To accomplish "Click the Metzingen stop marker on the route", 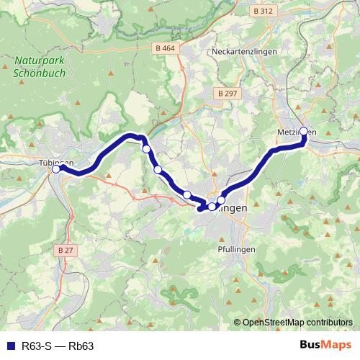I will pos(304,132).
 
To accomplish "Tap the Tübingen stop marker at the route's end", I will pos(56,169).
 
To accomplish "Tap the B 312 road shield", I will pos(264,12).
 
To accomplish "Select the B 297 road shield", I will pos(227,94).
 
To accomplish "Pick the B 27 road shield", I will pos(66,250).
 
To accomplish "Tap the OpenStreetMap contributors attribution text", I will pos(298,323).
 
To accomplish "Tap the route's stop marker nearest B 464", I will pos(146,149).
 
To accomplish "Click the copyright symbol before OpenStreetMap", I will pos(238,323).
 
